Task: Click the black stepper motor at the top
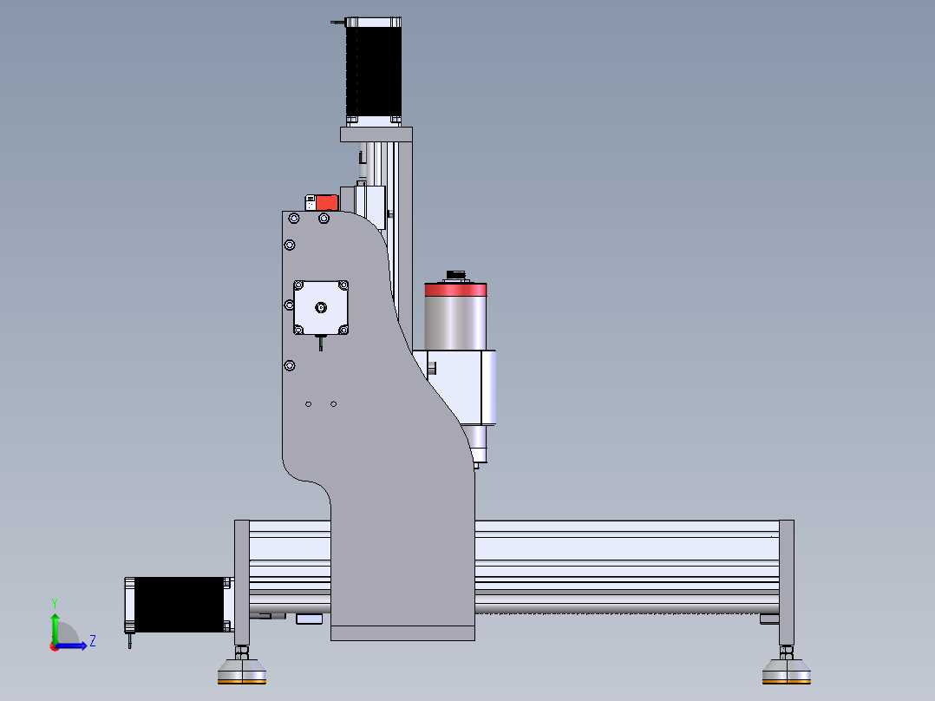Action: pos(374,69)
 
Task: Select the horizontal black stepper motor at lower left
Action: pos(178,604)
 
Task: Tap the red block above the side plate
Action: pos(327,202)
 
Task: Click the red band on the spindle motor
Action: pos(456,291)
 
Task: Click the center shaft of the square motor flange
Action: pos(320,306)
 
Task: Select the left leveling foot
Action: pos(242,671)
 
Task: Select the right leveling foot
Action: pos(787,671)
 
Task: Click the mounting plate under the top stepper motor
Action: pos(376,134)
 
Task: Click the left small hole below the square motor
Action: pos(309,403)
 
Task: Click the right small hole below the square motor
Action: pos(334,403)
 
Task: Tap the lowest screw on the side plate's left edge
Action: pos(289,364)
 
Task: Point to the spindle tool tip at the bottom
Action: pos(475,464)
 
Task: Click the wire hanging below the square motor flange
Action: pos(320,344)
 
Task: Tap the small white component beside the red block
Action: pos(311,202)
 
